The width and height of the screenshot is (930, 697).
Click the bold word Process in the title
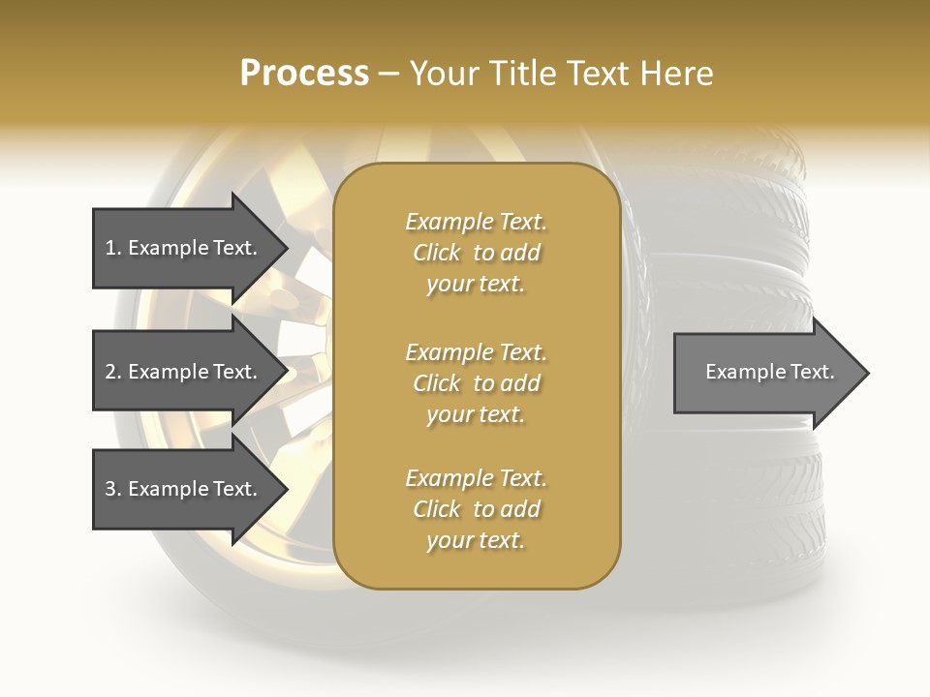[x=304, y=74]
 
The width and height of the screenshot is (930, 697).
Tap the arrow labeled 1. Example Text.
[x=184, y=248]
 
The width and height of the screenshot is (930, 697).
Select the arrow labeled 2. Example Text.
[x=184, y=372]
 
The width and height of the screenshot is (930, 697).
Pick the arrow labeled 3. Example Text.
[x=184, y=489]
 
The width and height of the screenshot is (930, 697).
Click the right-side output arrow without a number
[x=765, y=373]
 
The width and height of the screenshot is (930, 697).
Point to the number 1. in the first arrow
[x=113, y=248]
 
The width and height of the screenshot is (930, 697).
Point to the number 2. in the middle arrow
[x=113, y=372]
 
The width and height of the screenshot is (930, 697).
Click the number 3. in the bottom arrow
[x=113, y=489]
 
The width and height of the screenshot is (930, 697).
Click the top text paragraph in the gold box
[x=476, y=253]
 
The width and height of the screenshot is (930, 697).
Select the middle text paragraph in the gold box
[x=476, y=383]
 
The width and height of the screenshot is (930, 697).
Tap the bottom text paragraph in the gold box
[x=476, y=509]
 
